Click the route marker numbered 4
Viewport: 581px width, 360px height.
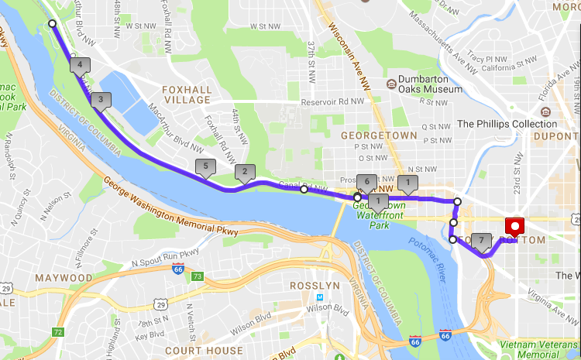pos(80,65)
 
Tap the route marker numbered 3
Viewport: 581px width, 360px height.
pos(101,99)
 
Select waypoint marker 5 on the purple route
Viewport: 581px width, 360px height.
pos(205,166)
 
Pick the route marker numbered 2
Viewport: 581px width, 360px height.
pos(245,173)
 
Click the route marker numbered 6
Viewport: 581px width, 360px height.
pos(366,182)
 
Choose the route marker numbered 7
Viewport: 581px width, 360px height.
pos(482,242)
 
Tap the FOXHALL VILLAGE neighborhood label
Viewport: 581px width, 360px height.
pos(186,94)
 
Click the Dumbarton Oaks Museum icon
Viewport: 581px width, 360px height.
pos(392,83)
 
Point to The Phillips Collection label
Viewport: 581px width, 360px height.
pos(507,124)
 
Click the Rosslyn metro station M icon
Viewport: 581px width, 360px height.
pos(320,297)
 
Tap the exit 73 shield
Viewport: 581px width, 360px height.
pos(198,276)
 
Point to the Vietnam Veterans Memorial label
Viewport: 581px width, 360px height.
pos(539,348)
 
